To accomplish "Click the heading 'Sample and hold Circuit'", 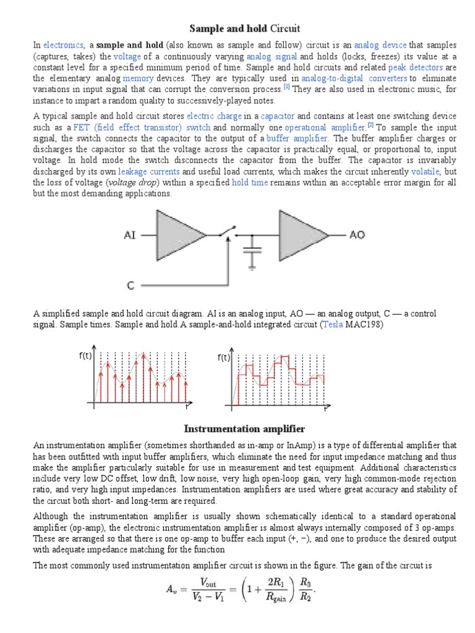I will point(244,28).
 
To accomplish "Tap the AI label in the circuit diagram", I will point(131,236).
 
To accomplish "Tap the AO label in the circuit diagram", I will point(358,235).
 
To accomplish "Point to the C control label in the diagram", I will point(131,286).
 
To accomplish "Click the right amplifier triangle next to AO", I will point(302,235).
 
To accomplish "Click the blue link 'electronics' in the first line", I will point(63,45).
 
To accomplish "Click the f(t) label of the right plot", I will point(223,357).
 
